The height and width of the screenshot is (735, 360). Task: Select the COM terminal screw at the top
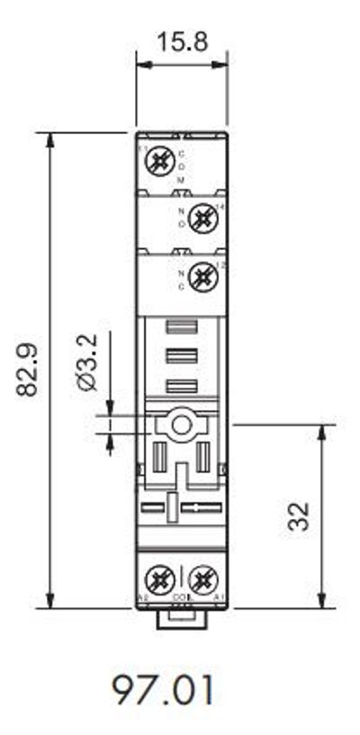(x=159, y=163)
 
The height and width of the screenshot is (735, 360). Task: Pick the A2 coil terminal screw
(x=159, y=577)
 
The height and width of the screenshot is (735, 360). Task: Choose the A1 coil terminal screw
(x=204, y=577)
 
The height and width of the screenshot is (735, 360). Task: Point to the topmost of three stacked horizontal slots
(x=182, y=330)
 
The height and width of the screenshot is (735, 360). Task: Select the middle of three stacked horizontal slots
(x=182, y=357)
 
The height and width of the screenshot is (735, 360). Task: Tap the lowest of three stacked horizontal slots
(x=182, y=387)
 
